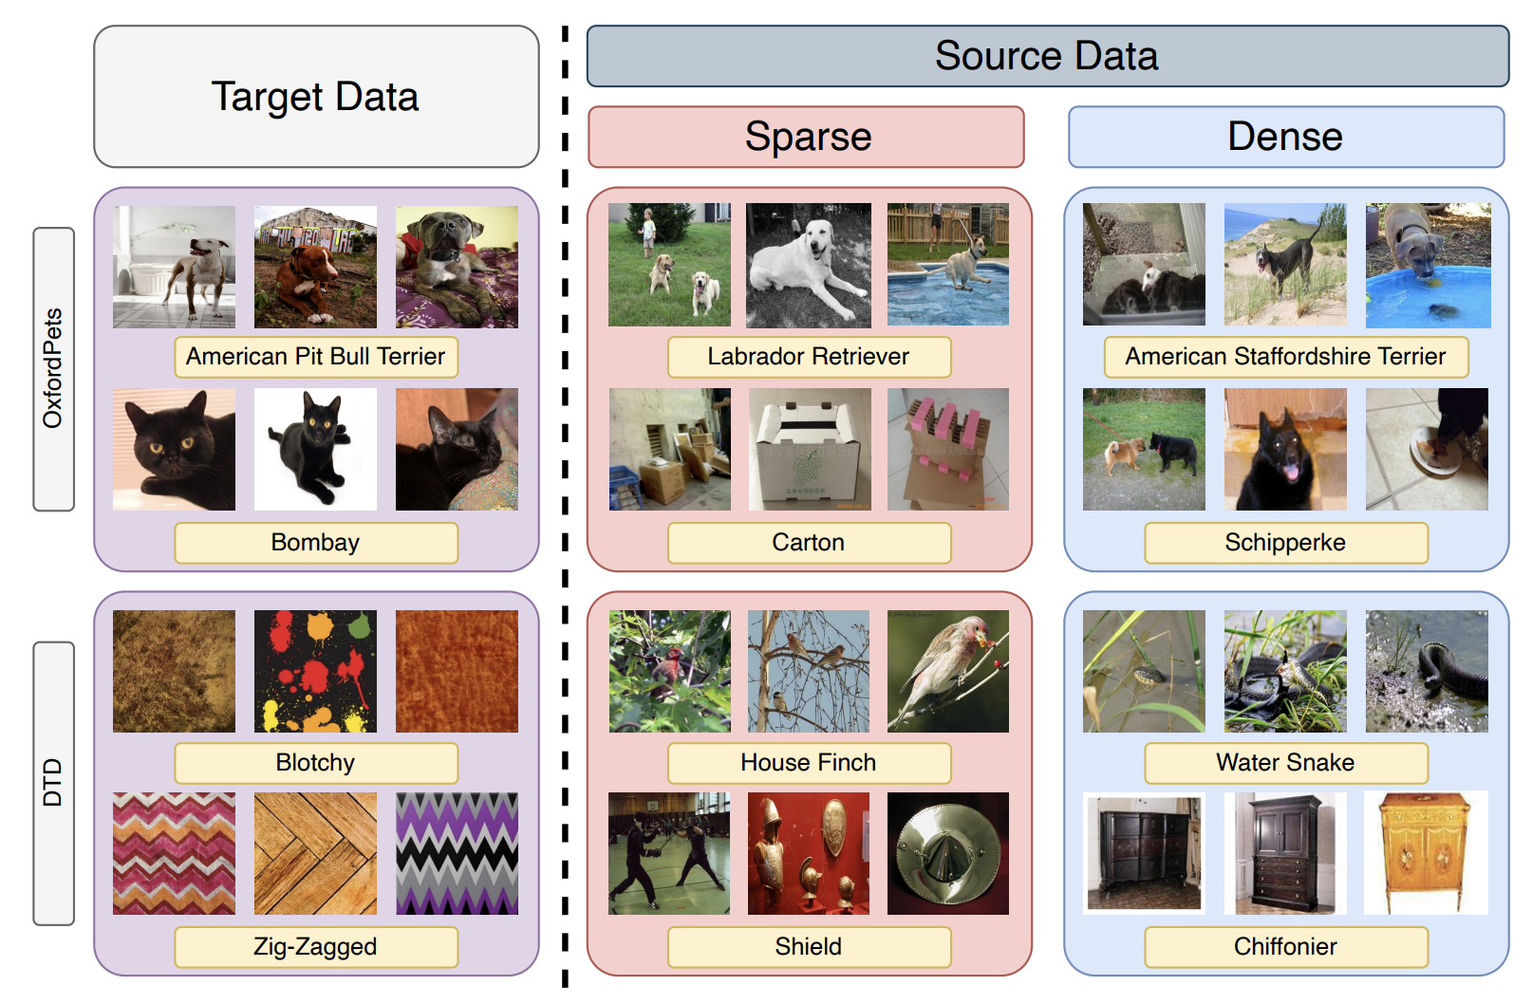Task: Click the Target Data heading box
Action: point(316,97)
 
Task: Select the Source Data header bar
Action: point(1047,56)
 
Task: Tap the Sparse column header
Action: point(807,137)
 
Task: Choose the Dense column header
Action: point(1285,137)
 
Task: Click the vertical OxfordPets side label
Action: point(53,368)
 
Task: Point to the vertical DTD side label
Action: point(53,782)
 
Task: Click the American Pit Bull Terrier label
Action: point(316,357)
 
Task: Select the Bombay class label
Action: point(316,543)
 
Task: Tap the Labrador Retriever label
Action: point(809,357)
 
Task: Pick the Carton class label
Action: point(809,543)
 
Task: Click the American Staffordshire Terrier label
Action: point(1285,357)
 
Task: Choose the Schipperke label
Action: point(1285,543)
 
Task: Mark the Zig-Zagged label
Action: point(316,947)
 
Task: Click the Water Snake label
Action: point(1285,763)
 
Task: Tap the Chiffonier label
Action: point(1285,947)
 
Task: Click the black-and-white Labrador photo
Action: point(809,266)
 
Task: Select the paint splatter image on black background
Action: point(315,671)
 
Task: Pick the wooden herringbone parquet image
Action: point(315,853)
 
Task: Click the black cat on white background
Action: point(315,449)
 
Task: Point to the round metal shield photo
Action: point(948,853)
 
